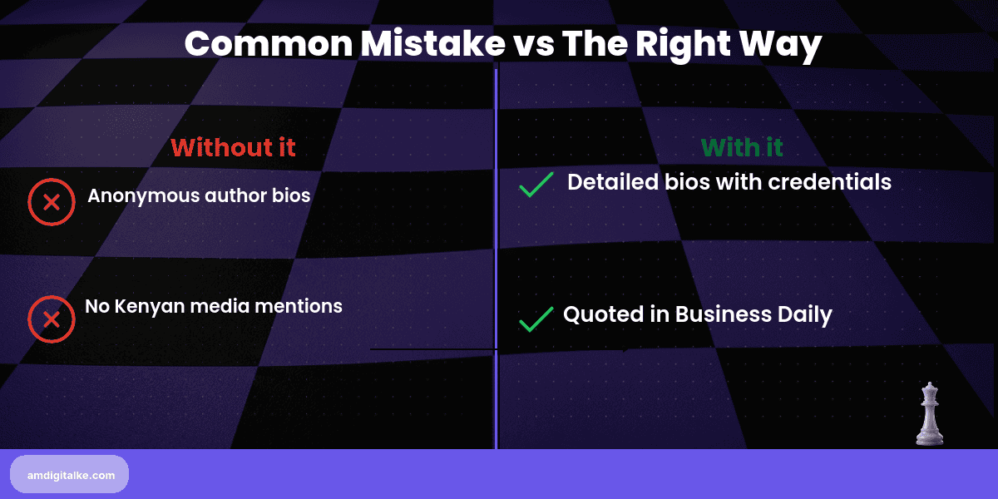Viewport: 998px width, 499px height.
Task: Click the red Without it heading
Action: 233,147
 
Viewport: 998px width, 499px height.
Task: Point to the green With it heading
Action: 742,147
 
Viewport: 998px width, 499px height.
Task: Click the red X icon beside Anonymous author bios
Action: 51,202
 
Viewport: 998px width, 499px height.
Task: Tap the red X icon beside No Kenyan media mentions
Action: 51,319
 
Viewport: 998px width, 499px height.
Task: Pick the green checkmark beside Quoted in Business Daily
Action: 536,319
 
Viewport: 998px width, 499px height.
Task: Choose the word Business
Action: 722,314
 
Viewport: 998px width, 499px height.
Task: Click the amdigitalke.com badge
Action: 69,475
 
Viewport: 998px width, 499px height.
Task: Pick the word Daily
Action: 804,315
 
